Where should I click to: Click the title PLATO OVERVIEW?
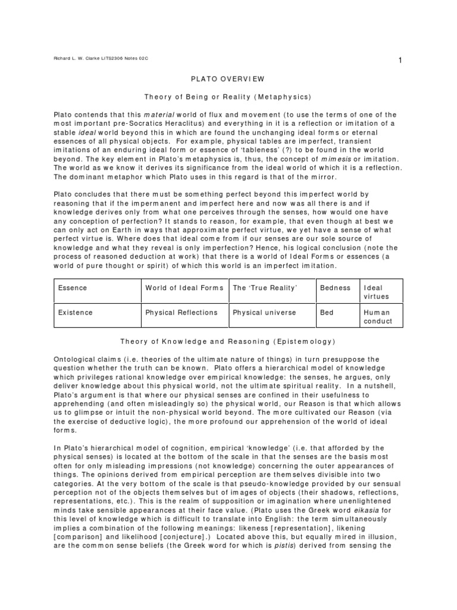(x=228, y=79)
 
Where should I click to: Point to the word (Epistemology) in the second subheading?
(x=305, y=341)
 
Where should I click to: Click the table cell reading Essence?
(x=73, y=288)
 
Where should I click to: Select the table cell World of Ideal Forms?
(x=184, y=288)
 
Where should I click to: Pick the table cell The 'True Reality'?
(x=265, y=288)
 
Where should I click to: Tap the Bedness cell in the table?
(x=335, y=288)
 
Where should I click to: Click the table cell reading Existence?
(x=75, y=312)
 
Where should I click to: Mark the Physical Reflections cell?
(x=181, y=312)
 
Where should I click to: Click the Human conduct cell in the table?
(x=378, y=316)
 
